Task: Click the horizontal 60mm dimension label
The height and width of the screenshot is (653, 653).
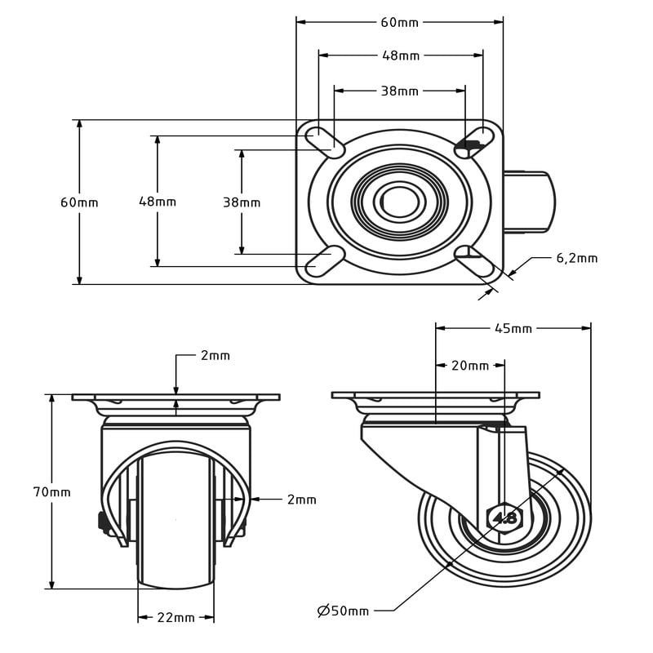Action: point(399,23)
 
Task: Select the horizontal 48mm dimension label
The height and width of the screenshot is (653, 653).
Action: point(401,56)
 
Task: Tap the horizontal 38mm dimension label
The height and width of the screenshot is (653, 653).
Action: point(400,91)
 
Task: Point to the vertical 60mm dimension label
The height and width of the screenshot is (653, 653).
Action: point(79,202)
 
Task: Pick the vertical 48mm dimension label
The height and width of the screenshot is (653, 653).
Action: point(158,202)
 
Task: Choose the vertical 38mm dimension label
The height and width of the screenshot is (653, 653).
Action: point(242,202)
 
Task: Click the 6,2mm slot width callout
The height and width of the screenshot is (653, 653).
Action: point(577,258)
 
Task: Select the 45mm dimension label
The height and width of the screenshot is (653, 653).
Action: point(513,329)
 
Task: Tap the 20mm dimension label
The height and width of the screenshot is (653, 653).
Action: point(470,366)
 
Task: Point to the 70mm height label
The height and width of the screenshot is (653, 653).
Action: point(52,492)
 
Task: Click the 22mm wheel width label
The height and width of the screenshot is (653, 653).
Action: point(175,618)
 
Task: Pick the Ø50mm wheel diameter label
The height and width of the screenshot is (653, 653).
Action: point(343,611)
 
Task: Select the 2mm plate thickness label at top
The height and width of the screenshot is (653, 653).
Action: point(215,356)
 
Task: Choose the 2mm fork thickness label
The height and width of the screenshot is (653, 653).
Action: point(301,500)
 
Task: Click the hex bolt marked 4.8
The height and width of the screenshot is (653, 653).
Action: point(504,518)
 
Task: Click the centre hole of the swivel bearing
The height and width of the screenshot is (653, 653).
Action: point(399,202)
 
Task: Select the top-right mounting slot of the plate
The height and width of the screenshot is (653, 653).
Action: point(473,142)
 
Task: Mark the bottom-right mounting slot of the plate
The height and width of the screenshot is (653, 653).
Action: point(474,261)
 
